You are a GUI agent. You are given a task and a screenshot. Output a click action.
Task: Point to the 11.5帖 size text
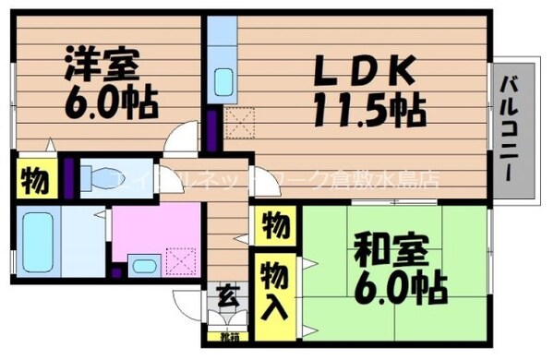[369, 111]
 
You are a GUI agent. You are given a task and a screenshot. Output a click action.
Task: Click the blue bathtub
[36, 242]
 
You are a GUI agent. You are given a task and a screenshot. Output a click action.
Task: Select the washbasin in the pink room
[142, 266]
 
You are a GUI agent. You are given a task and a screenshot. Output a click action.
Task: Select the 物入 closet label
[273, 288]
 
